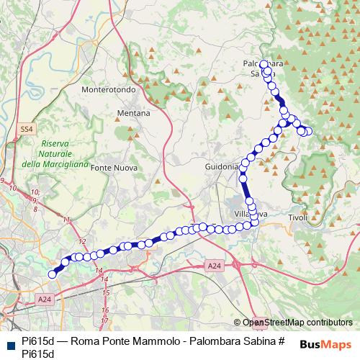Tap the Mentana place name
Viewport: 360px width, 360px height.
pyautogui.click(x=132, y=113)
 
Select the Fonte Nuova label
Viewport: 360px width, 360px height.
pyautogui.click(x=110, y=167)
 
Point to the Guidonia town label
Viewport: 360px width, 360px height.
pyautogui.click(x=221, y=166)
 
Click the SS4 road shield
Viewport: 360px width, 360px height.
pyautogui.click(x=27, y=129)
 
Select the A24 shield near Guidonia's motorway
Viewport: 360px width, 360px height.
pyautogui.click(x=214, y=266)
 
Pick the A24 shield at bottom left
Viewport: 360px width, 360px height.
pyautogui.click(x=45, y=299)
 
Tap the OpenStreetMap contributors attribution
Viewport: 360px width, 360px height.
pyautogui.click(x=297, y=323)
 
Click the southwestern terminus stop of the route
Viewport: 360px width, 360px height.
pyautogui.click(x=52, y=274)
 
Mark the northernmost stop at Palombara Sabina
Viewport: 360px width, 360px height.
pyautogui.click(x=264, y=63)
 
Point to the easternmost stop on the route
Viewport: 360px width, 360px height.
pyautogui.click(x=309, y=131)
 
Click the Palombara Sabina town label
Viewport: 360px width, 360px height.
pyautogui.click(x=263, y=68)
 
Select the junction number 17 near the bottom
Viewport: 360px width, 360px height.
pyautogui.click(x=105, y=320)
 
